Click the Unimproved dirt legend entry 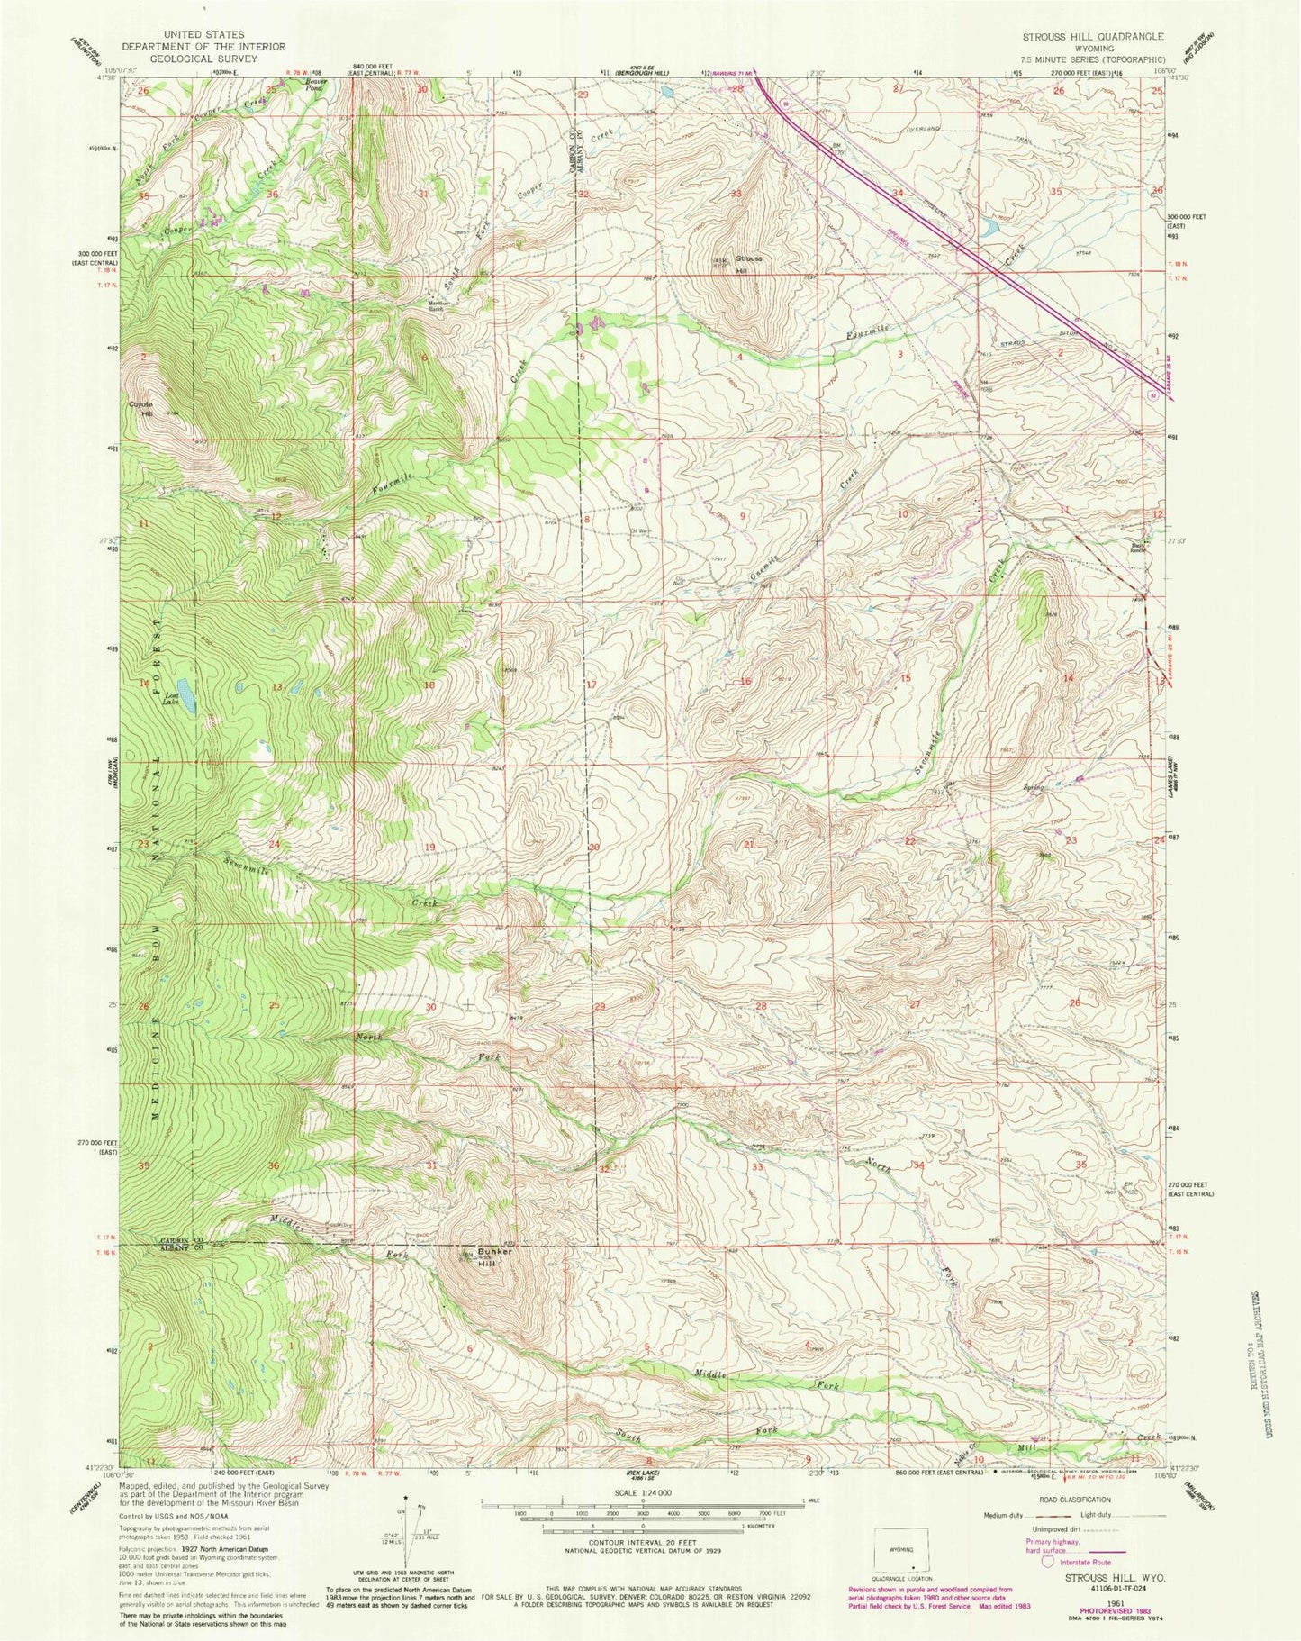(x=1049, y=1530)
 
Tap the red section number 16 (x=745, y=682)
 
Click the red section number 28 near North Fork (x=761, y=1006)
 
